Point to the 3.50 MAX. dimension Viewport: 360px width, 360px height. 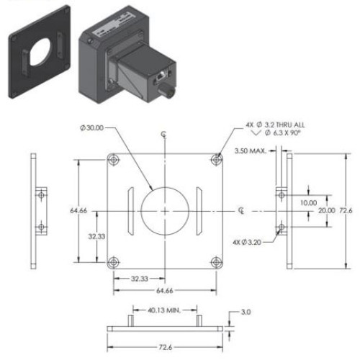[x=252, y=150]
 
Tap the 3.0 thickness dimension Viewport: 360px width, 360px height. [x=246, y=312]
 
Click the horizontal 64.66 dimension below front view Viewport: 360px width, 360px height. [x=164, y=289]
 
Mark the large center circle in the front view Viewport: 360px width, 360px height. [x=165, y=210]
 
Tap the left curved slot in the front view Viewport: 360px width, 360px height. [x=130, y=210]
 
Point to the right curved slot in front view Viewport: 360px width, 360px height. [x=199, y=210]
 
